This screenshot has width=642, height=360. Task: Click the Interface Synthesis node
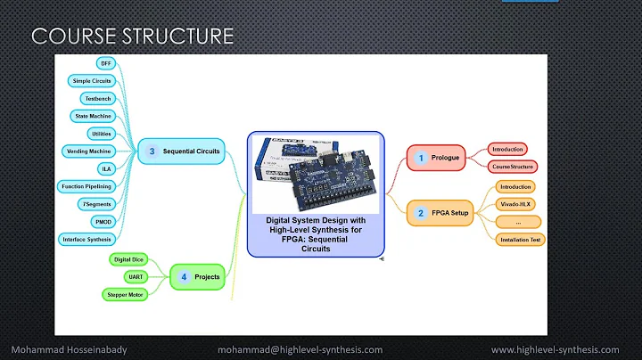pos(86,240)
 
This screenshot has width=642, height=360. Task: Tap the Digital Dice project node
pos(127,259)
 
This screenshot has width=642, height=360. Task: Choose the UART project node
pos(127,276)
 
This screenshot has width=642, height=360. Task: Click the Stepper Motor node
pos(127,293)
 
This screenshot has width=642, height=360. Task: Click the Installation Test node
pos(520,239)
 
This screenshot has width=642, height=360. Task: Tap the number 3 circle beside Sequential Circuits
pos(152,152)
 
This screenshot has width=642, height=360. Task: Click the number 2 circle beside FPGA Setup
pos(420,213)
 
